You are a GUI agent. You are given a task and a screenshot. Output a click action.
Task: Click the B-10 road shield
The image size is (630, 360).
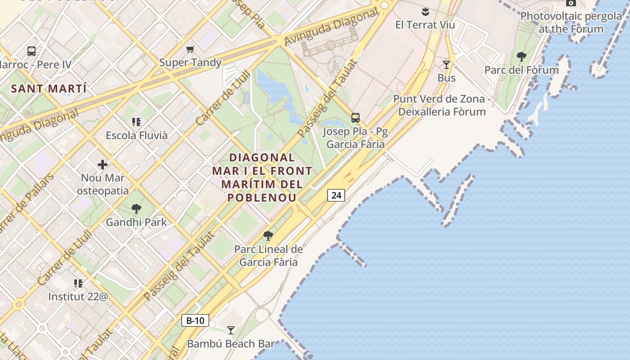(x=195, y=320)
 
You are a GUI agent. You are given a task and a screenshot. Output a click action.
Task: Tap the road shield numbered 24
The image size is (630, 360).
(x=336, y=195)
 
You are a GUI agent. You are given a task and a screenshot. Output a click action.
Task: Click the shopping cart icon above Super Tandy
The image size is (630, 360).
(x=190, y=49)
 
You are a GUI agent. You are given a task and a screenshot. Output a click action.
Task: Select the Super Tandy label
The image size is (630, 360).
(x=190, y=62)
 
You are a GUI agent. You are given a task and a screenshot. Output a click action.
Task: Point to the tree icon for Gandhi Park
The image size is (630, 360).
(x=136, y=209)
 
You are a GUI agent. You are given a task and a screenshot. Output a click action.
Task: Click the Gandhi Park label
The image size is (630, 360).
(x=136, y=222)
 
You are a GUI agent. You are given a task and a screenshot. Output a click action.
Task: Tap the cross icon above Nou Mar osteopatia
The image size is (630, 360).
(x=103, y=165)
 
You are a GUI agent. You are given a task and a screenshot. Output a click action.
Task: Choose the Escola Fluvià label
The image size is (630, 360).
(x=136, y=135)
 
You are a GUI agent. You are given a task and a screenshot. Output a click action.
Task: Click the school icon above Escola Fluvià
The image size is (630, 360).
(x=136, y=121)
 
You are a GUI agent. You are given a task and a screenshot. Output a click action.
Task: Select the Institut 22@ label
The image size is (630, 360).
(x=78, y=297)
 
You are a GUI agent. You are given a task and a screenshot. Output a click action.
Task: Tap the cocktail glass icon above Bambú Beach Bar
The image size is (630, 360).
(x=231, y=330)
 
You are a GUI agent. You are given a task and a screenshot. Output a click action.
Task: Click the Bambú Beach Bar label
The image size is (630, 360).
(x=231, y=344)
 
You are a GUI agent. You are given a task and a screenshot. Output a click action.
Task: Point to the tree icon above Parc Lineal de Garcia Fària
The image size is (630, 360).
(x=268, y=236)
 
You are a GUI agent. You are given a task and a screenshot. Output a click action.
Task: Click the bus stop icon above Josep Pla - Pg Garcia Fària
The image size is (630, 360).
(x=355, y=118)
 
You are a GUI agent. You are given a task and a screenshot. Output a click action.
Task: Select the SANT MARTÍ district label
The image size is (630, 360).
(x=49, y=89)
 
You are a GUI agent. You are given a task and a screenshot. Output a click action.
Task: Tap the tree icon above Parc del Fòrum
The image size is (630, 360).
(x=522, y=57)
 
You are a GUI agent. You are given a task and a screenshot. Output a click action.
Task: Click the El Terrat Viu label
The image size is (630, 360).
(x=425, y=25)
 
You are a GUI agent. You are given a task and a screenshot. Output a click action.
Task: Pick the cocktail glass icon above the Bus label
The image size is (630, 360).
(x=446, y=65)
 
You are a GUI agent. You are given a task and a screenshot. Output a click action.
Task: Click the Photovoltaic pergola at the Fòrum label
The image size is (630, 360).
(x=571, y=22)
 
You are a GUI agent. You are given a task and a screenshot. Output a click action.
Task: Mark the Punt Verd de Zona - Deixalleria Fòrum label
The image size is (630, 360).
(x=442, y=105)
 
